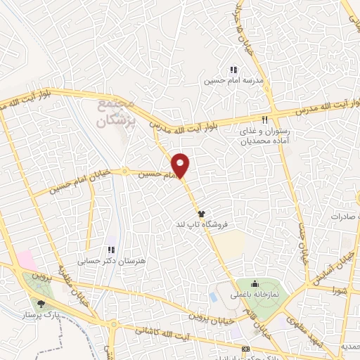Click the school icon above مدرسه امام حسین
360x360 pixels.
(233, 70)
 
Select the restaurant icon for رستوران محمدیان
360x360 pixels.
(265, 120)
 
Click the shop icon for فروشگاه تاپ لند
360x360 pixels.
(202, 213)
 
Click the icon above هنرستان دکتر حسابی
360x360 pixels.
(110, 249)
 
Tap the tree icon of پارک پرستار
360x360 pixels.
(41, 304)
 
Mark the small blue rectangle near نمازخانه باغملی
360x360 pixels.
(212, 297)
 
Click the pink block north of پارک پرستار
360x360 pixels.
(26, 259)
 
